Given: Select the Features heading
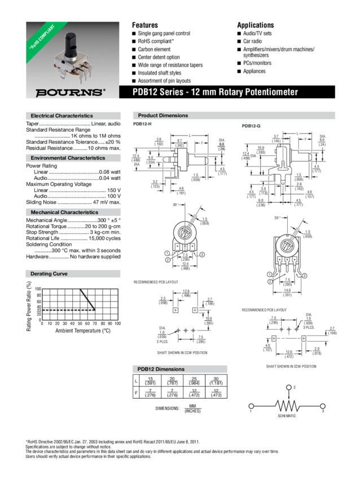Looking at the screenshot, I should click(x=144, y=25).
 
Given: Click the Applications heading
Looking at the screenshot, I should click(x=255, y=25).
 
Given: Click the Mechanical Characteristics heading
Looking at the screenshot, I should click(x=64, y=212).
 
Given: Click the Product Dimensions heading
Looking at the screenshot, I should click(x=163, y=115).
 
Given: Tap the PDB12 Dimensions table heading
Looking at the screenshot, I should click(x=161, y=369).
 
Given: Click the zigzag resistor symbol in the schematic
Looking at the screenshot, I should click(x=287, y=406).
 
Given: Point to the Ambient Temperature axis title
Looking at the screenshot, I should click(x=82, y=331).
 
